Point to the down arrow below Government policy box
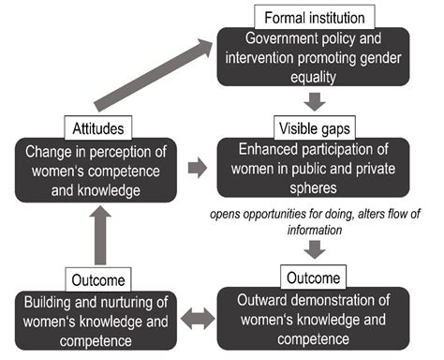pyautogui.click(x=316, y=99)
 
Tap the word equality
pyautogui.click(x=316, y=77)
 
